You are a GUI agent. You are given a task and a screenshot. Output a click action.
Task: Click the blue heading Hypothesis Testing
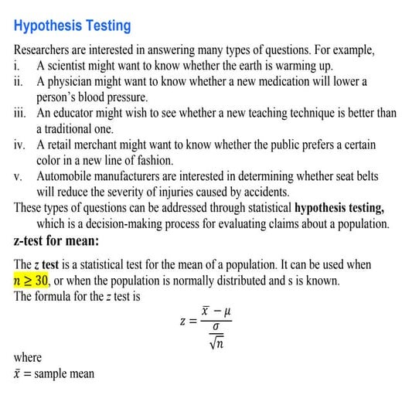point(73,26)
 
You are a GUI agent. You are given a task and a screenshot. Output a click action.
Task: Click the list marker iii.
point(21,113)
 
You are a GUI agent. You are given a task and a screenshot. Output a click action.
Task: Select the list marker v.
point(19,176)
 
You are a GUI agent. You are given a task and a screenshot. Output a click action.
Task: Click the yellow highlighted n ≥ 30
point(32,280)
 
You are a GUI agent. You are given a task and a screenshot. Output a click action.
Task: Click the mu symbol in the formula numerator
point(229,310)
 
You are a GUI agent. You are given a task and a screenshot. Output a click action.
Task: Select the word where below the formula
point(28,358)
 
